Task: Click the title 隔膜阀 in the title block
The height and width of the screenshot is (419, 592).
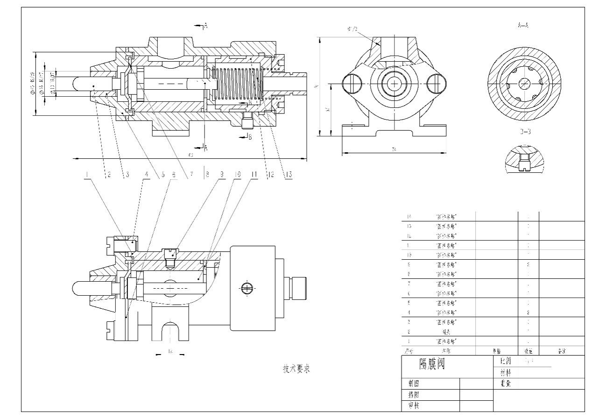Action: [x=431, y=364]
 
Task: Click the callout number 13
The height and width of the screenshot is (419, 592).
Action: [x=289, y=175]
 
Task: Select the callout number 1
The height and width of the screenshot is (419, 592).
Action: [x=87, y=175]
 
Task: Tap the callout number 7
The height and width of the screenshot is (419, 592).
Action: [x=190, y=175]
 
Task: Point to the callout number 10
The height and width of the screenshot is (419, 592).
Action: [x=237, y=175]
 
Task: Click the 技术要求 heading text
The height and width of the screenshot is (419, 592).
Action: [x=296, y=369]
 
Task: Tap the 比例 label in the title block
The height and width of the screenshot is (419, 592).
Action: [x=505, y=361]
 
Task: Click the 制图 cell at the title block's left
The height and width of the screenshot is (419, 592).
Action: [x=414, y=383]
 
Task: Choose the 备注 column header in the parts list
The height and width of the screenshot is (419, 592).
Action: [x=562, y=351]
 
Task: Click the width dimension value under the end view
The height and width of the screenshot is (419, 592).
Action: [x=394, y=149]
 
